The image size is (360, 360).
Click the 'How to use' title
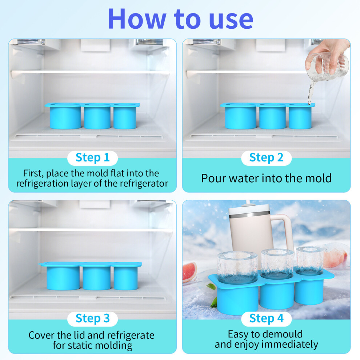pos(181,19)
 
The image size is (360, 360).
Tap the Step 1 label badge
pos(92,158)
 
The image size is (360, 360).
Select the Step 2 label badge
pos(266,158)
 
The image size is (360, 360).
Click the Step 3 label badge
pos(92,319)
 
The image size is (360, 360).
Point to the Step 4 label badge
pos(266,319)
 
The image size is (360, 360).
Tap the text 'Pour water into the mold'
pos(266,179)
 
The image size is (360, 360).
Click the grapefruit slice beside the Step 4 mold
pos(189,272)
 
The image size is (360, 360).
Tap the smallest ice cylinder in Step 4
pos(309,260)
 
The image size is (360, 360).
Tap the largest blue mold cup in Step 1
pos(65,117)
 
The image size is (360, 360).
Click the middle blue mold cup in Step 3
pos(96,278)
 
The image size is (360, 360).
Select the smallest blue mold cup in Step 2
pos(300,117)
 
